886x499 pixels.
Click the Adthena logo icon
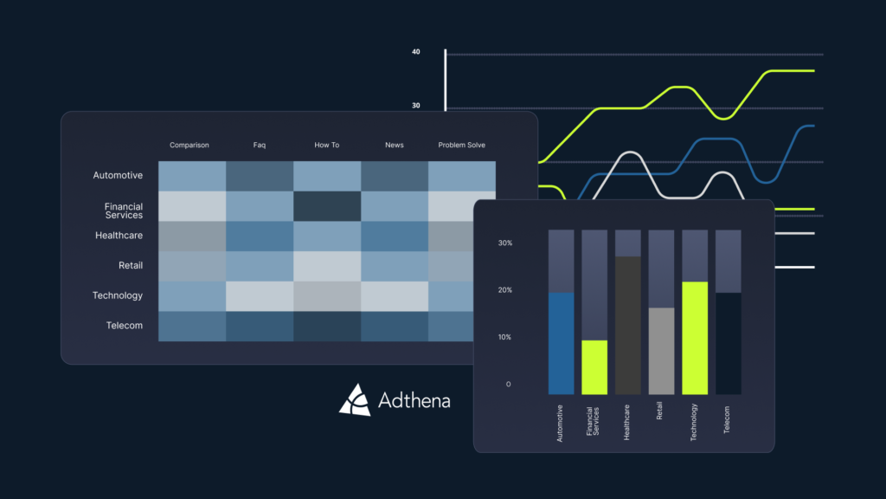point(355,399)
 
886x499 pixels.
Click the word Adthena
point(414,400)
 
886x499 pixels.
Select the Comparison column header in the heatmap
point(189,146)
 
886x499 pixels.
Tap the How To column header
point(327,146)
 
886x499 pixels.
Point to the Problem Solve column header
point(462,146)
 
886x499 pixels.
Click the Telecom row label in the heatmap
point(119,326)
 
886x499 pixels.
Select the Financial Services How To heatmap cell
point(327,206)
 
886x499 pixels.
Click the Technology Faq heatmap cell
point(260,296)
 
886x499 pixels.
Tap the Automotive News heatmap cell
point(395,176)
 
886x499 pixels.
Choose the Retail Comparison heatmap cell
point(192,266)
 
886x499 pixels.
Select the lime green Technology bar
point(695,338)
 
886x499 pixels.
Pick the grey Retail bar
point(661,351)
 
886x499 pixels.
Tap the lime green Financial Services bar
point(594,367)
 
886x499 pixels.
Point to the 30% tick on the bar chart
point(505,243)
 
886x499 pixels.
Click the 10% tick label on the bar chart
point(505,337)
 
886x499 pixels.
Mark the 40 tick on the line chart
point(416,52)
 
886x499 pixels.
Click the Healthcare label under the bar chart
point(627,424)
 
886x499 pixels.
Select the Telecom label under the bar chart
point(728,420)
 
